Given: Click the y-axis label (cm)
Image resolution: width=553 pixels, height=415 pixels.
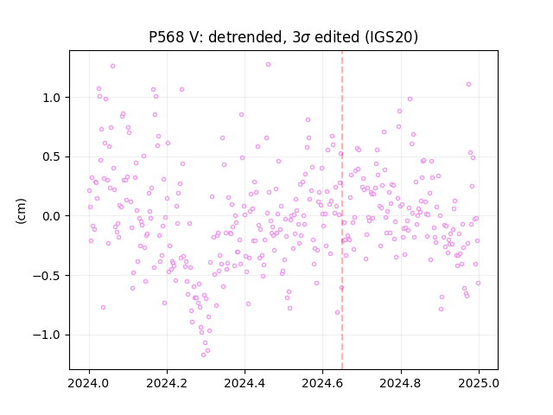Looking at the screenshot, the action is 21,211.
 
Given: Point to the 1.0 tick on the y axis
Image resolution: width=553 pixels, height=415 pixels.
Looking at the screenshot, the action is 52,98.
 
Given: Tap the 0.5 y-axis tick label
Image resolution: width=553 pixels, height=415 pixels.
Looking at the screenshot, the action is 52,157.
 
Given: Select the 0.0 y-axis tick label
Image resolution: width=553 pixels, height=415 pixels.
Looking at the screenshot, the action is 52,216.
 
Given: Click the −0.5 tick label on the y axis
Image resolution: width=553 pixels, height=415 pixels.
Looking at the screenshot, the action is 47,276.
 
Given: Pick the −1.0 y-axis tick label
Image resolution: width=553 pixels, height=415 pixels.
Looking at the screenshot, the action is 47,335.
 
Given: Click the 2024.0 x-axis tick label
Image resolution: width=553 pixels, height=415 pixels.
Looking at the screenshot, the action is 89,383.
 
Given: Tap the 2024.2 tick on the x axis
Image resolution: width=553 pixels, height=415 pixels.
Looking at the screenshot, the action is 167,383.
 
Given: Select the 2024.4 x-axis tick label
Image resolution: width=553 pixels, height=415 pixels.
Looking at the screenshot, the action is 245,383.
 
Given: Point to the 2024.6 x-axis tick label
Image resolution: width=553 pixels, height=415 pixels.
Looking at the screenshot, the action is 322,383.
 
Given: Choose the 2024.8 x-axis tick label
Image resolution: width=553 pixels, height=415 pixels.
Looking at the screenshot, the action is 400,383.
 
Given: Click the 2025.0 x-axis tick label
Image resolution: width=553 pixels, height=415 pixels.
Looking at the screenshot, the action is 479,383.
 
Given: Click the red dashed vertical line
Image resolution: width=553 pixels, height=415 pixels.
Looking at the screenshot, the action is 342,210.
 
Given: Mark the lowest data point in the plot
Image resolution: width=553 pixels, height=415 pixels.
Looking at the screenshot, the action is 204,354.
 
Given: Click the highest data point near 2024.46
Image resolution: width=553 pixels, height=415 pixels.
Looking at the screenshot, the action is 269,64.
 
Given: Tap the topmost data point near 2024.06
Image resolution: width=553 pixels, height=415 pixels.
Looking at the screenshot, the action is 113,66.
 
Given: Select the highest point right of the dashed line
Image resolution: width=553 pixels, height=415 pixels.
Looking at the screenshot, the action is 468,85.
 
